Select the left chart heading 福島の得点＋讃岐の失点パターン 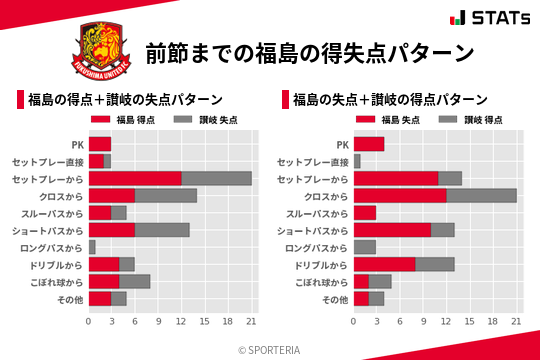pyautogui.click(x=123, y=100)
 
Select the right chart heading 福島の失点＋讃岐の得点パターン pyautogui.click(x=389, y=100)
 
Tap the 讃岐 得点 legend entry pyautogui.click(x=463, y=120)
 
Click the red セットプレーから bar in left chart pyautogui.click(x=135, y=178)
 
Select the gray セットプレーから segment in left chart pyautogui.click(x=216, y=178)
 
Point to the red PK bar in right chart pyautogui.click(x=369, y=144)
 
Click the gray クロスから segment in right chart pyautogui.click(x=481, y=195)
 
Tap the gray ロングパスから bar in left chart pyautogui.click(x=92, y=246)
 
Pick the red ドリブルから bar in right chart pyautogui.click(x=384, y=264)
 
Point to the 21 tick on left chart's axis pyautogui.click(x=251, y=322)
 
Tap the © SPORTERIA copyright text pyautogui.click(x=270, y=349)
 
